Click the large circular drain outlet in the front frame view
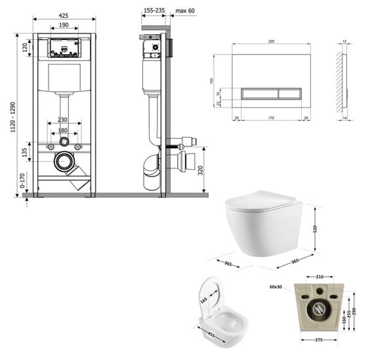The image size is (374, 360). tap(64, 161)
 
